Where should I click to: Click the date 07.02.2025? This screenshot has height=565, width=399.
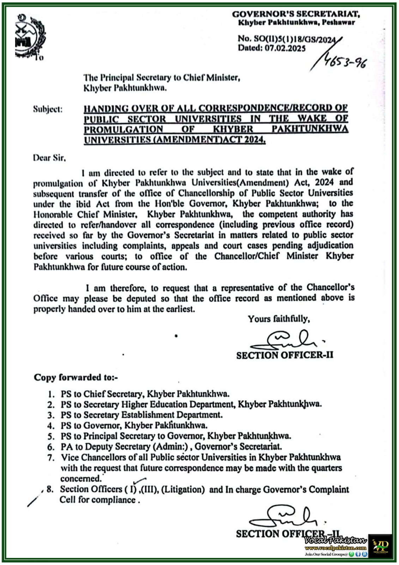tap(285, 48)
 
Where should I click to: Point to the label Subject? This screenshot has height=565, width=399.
tap(48, 109)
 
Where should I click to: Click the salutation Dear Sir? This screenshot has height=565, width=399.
tap(49, 157)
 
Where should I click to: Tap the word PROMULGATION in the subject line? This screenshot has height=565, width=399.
tap(123, 129)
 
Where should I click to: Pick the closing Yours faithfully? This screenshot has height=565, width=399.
tap(279, 319)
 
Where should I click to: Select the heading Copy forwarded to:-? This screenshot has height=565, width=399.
tap(76, 377)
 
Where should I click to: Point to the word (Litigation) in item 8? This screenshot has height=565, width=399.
tap(183, 489)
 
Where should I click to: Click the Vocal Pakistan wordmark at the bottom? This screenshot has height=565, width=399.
tap(335, 541)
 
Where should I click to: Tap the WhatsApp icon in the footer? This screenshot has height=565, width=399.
tap(351, 554)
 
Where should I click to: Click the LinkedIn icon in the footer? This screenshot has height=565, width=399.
tap(364, 554)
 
